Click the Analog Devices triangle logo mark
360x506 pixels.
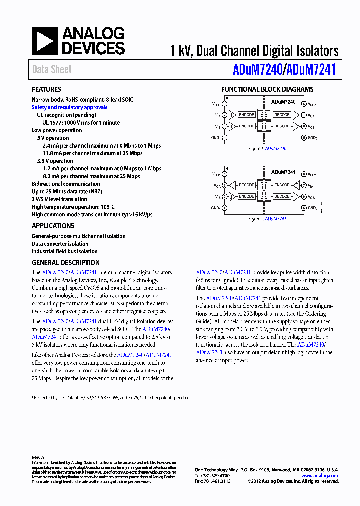point(45,41)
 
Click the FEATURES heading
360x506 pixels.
point(46,90)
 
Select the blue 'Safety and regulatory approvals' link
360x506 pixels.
point(69,107)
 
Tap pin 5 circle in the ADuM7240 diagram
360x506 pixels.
point(304,137)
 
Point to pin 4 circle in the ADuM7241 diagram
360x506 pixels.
point(225,208)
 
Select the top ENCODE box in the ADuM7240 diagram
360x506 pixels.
point(246,115)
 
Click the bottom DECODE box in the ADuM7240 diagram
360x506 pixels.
point(282,126)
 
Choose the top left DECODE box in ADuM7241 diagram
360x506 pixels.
point(246,185)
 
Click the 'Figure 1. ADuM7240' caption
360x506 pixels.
point(267,149)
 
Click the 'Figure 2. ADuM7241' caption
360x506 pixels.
point(267,219)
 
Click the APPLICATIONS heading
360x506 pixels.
point(53,226)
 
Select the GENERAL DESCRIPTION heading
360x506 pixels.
point(66,263)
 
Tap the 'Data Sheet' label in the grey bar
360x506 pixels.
point(52,70)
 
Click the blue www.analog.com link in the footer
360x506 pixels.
point(320,476)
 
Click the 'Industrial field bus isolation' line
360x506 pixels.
point(65,252)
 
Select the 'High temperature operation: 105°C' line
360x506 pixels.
point(73,207)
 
